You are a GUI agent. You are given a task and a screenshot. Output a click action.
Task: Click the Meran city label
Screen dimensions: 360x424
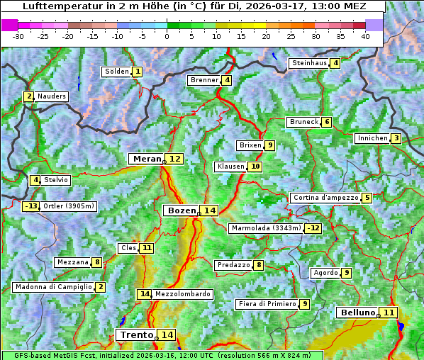pos(147,159)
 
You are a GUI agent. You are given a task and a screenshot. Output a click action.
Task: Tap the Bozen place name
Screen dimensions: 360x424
pos(181,210)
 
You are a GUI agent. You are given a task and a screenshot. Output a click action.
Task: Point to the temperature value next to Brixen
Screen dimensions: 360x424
pos(270,145)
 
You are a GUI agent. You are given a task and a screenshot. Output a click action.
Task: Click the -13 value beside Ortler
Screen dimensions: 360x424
pos(30,206)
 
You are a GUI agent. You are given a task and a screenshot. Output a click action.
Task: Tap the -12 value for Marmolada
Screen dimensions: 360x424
pos(313,228)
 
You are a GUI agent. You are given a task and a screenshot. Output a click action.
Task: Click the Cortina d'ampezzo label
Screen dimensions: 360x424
pos(325,198)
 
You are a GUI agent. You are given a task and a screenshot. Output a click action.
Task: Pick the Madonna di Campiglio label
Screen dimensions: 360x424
pos(53,287)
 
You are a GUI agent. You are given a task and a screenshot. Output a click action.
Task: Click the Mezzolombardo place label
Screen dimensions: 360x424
pos(182,294)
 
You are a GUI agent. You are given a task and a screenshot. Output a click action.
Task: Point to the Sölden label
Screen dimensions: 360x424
pos(117,72)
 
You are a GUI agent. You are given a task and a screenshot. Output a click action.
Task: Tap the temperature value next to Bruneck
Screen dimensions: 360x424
pos(326,122)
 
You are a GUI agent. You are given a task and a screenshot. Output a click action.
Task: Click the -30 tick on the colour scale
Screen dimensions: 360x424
pos(18,36)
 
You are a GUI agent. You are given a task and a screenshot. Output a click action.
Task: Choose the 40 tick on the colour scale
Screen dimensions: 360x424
pos(364,36)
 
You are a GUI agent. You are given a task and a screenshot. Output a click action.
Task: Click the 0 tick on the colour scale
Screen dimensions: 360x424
pos(167,36)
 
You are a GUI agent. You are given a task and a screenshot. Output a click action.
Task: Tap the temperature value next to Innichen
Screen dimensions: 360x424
pos(396,138)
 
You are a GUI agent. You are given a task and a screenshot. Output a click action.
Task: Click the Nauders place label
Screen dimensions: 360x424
pos(52,96)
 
